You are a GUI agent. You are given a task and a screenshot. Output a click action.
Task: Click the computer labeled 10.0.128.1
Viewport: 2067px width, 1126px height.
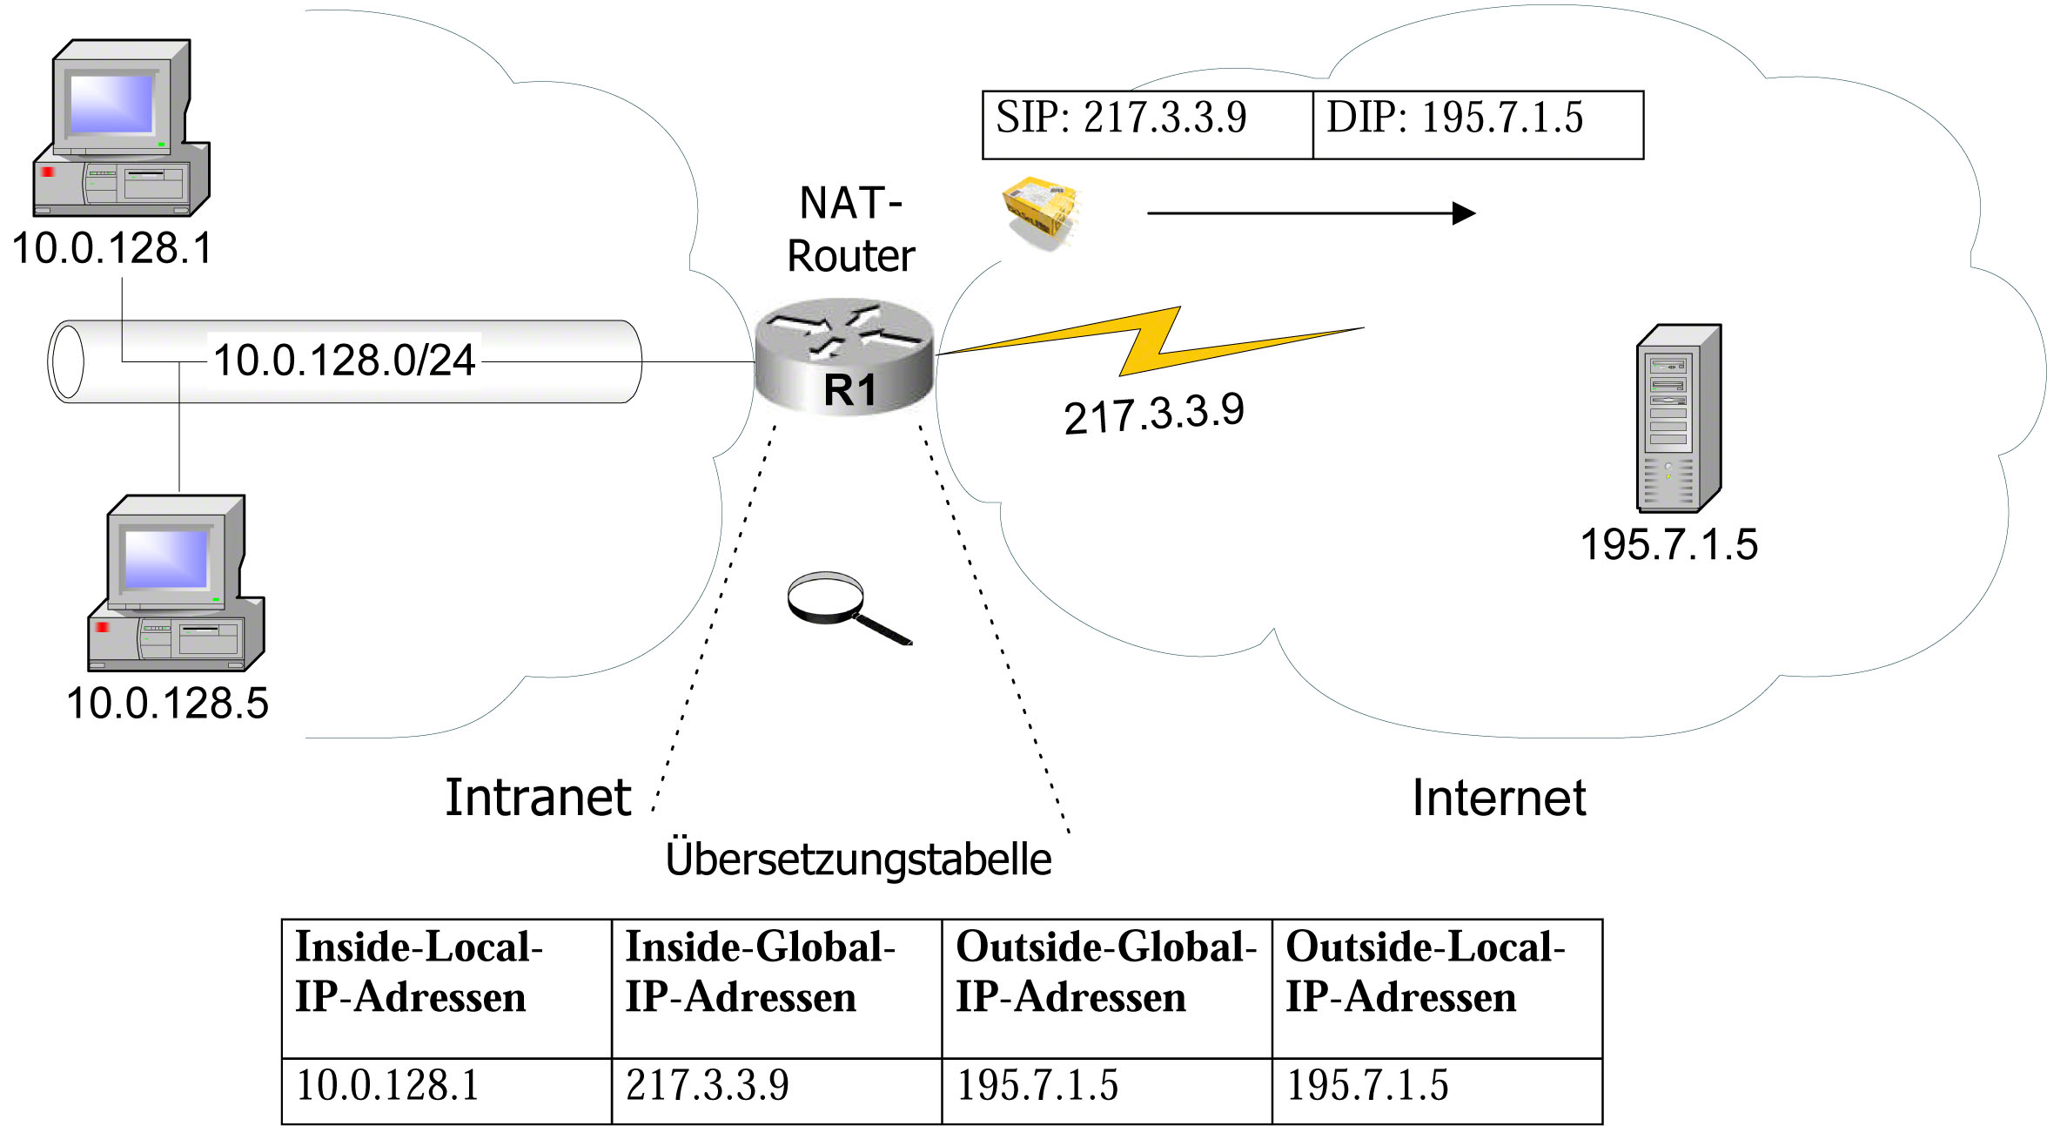coord(121,128)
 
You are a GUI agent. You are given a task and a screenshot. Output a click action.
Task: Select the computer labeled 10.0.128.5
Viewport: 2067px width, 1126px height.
coord(176,583)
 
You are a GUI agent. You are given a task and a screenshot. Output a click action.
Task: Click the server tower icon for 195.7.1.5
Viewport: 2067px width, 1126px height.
coord(1679,418)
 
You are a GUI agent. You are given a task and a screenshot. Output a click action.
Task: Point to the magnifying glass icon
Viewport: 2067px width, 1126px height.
coord(849,608)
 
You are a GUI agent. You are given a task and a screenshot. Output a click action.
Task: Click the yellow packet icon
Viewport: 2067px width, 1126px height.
coord(1041,213)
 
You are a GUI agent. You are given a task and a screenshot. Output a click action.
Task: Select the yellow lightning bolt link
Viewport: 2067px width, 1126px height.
coord(1149,341)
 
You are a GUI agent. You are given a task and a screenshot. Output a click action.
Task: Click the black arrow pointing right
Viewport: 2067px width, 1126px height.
coord(1312,212)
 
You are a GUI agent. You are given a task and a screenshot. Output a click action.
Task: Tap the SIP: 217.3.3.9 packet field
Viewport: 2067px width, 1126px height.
coord(1147,125)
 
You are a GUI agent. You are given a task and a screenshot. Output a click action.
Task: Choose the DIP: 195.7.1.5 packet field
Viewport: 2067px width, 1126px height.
coord(1478,125)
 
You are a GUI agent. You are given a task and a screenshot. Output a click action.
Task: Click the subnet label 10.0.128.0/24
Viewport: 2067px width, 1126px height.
coord(344,360)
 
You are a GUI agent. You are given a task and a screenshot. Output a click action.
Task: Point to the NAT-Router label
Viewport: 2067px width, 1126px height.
coord(850,229)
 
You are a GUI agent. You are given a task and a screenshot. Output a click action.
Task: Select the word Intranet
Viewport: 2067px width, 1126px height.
coord(538,797)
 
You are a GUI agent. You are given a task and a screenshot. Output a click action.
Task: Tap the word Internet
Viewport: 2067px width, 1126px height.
coord(1499,798)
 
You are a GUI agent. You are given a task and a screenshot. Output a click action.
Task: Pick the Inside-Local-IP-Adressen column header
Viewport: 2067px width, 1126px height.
coord(446,988)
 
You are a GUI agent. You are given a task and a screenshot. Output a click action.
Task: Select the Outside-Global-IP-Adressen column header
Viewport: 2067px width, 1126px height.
coord(1107,988)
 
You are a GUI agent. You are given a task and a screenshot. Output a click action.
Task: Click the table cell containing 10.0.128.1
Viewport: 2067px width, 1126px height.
coord(446,1091)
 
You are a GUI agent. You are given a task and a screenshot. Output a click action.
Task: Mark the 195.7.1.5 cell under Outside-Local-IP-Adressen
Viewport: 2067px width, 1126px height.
coord(1437,1091)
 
